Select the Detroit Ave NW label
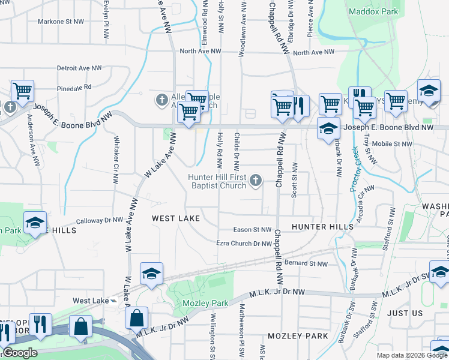pos(79,68)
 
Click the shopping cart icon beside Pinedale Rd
pos(22,91)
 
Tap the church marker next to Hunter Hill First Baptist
pos(256,180)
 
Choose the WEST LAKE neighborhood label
pos(176,218)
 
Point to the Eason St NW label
pos(253,230)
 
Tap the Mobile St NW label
pos(393,144)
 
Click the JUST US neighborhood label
pos(405,313)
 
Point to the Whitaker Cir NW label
pos(116,160)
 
